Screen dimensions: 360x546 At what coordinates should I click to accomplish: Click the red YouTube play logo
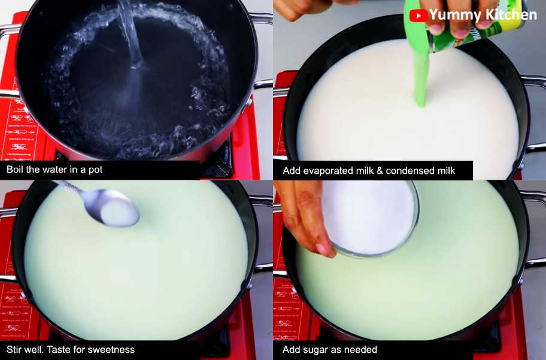(x=417, y=16)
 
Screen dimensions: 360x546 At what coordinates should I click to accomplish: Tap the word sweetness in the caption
(x=111, y=349)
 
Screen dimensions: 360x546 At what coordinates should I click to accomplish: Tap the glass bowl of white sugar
(x=371, y=217)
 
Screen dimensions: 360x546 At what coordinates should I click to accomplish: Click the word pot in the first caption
(x=95, y=170)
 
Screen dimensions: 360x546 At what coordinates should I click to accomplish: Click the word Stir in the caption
(x=16, y=349)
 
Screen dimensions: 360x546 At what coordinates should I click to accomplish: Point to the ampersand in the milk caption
(x=379, y=171)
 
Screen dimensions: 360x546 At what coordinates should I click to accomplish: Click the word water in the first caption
(x=57, y=170)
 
